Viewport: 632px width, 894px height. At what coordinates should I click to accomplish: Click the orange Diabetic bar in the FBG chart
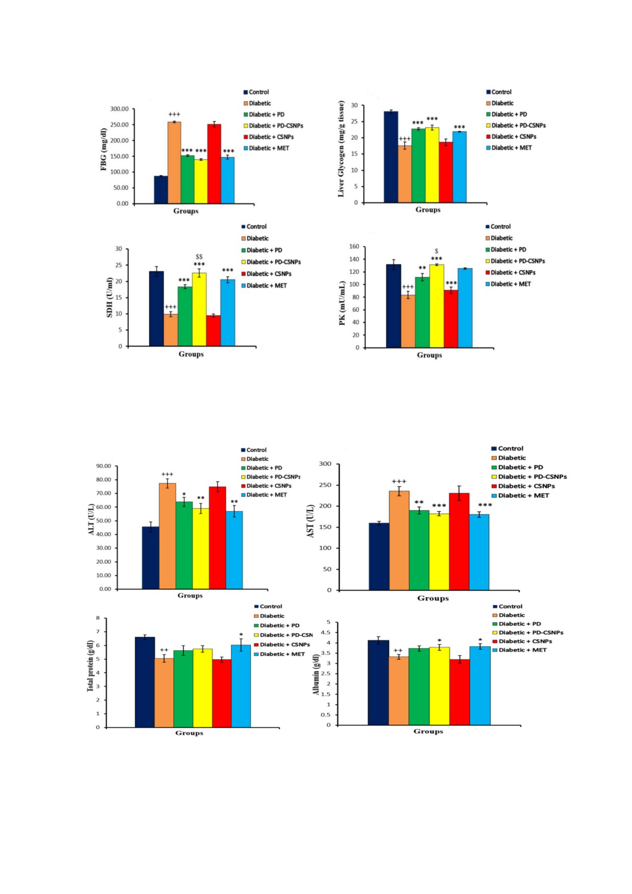point(174,163)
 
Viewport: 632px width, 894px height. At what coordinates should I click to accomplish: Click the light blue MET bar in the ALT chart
point(234,550)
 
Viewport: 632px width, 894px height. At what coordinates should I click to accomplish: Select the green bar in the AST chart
point(419,550)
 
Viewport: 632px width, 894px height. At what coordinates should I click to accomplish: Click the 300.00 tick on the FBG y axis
point(119,109)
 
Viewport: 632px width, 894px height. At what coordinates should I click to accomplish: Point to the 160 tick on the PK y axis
point(354,247)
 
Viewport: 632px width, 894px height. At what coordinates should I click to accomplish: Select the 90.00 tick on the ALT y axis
point(103,466)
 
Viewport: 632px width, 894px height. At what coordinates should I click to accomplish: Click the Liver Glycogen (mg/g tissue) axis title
point(341,149)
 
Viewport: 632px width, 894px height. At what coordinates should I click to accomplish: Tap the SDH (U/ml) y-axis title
point(109,298)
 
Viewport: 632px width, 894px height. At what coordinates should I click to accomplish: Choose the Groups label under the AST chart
point(433,598)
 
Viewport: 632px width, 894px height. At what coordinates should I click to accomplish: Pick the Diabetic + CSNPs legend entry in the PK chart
point(513,273)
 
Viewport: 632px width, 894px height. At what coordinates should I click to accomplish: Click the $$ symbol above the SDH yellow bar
point(199,257)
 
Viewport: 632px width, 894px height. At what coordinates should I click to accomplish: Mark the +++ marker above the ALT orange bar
point(167,475)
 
